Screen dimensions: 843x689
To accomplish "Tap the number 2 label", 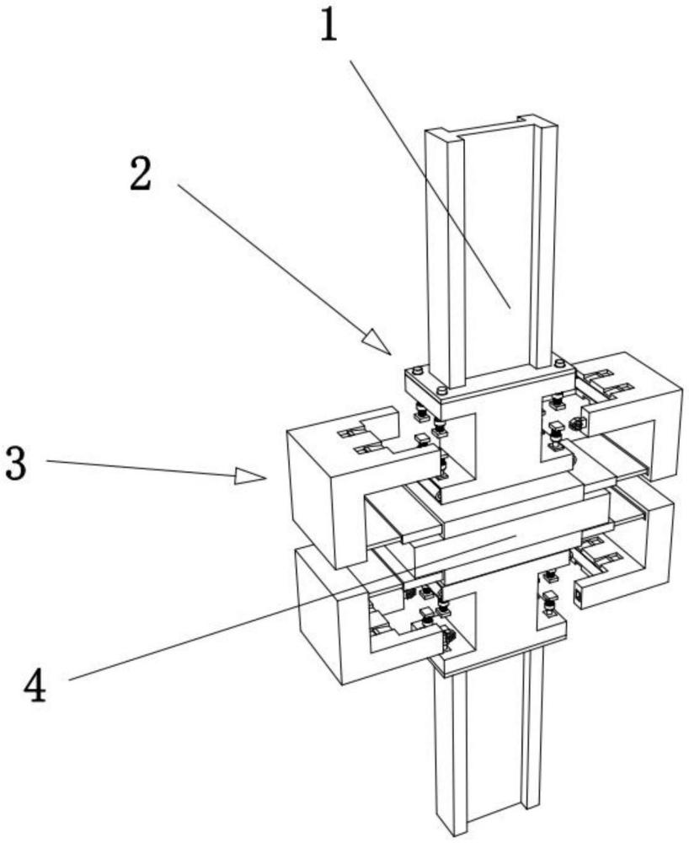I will pyautogui.click(x=140, y=175).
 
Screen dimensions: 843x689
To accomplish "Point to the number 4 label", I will pyautogui.click(x=35, y=686).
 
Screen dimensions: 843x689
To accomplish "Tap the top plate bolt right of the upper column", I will pyautogui.click(x=559, y=362).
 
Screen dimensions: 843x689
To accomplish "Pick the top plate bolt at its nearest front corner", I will pyautogui.click(x=441, y=390).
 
